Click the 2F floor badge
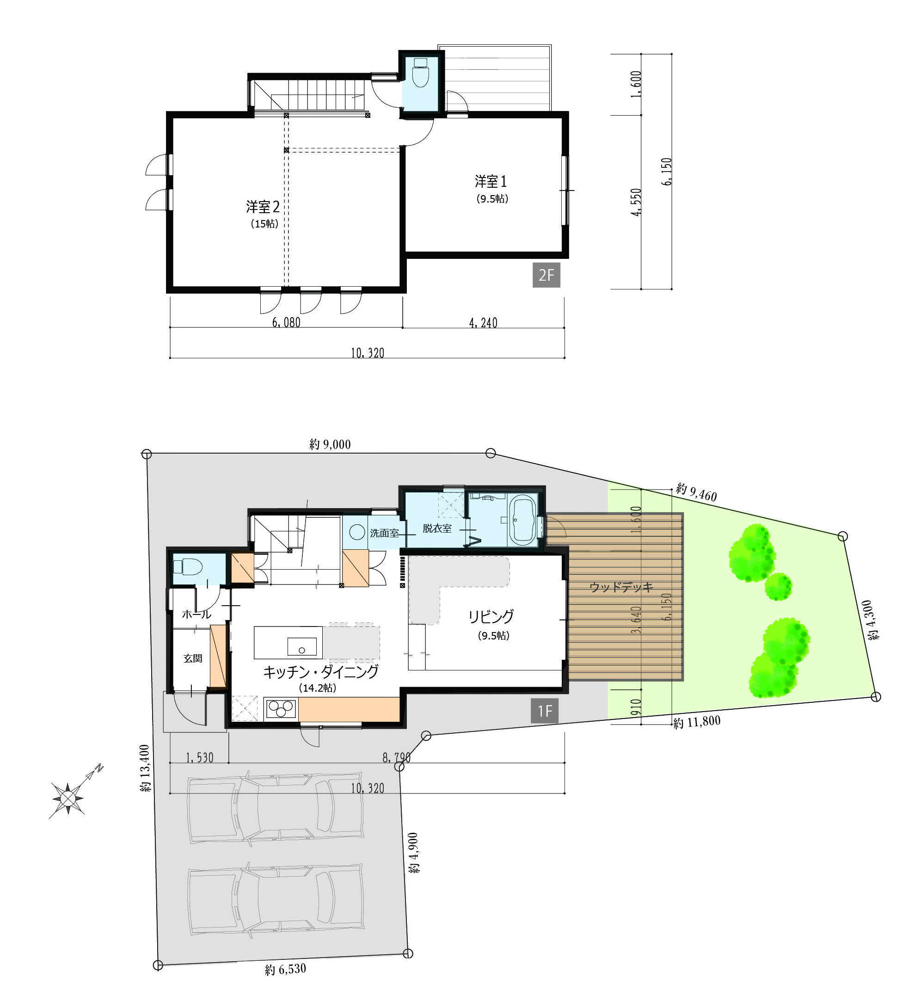pyautogui.click(x=546, y=275)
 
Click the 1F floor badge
pyautogui.click(x=545, y=711)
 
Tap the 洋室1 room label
pyautogui.click(x=491, y=181)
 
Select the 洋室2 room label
pyautogui.click(x=263, y=206)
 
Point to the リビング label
pyautogui.click(x=491, y=616)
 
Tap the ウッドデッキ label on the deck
pyautogui.click(x=621, y=587)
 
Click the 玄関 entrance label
pyautogui.click(x=193, y=658)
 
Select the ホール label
pyautogui.click(x=196, y=614)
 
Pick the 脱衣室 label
pyautogui.click(x=437, y=528)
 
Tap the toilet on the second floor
pyautogui.click(x=421, y=73)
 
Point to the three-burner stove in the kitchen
pyautogui.click(x=281, y=709)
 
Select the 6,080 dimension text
pyautogui.click(x=286, y=323)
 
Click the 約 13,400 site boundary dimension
pyautogui.click(x=145, y=768)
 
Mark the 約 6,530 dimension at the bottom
pyautogui.click(x=286, y=969)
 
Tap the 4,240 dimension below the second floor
pyautogui.click(x=483, y=323)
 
